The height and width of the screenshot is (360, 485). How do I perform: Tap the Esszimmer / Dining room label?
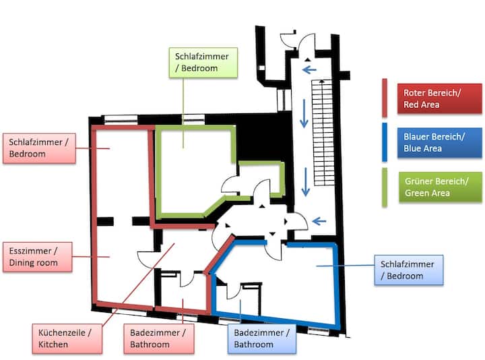point(37,256)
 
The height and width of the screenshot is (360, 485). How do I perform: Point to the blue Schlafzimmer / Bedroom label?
point(407,269)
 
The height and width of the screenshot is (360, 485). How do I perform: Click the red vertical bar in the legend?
point(384,98)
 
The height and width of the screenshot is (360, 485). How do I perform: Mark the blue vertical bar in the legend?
point(384,142)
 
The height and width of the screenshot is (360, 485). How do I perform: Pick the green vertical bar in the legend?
point(384,187)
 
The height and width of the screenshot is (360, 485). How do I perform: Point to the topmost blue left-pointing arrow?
point(310,69)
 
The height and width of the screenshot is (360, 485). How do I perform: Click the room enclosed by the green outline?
point(192,169)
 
